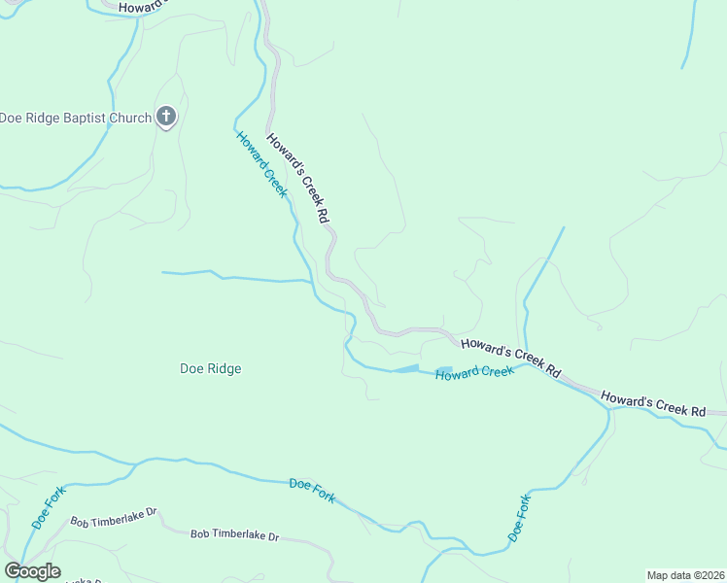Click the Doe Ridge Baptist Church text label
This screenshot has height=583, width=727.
76,119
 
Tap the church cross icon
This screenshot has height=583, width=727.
166,118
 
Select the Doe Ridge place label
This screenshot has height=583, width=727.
211,368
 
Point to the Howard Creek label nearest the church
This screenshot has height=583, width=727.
261,164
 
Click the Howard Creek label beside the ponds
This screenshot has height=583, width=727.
474,373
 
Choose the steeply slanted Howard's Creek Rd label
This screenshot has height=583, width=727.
299,179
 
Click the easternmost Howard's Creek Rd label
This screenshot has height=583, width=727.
652,404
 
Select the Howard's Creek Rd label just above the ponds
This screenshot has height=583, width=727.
511,357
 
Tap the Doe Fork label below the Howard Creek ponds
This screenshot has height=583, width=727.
521,518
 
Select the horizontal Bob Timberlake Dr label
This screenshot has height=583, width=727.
234,534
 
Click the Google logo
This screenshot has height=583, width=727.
32,571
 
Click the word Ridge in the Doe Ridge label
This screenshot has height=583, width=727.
224,368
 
